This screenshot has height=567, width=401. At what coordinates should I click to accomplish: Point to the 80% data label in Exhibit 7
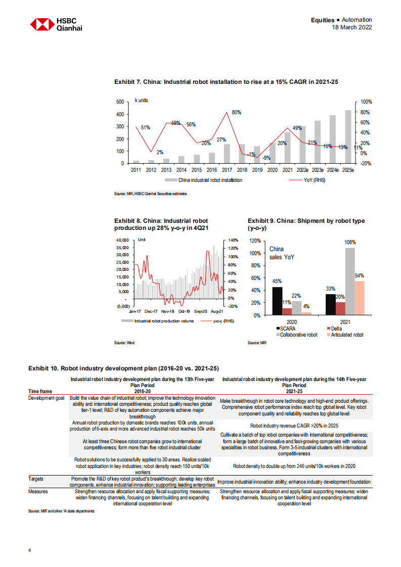(x=237, y=112)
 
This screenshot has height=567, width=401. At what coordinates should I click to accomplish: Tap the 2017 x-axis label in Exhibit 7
(x=227, y=171)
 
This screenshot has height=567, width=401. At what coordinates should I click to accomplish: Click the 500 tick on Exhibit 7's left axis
(x=120, y=102)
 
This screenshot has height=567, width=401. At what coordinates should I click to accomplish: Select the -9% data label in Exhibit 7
(x=266, y=158)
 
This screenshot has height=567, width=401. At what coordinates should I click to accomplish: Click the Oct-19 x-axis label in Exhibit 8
(x=184, y=312)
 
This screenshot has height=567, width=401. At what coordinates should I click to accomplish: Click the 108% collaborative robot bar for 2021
(x=350, y=281)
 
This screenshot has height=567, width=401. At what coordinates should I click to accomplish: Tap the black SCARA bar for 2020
(x=277, y=301)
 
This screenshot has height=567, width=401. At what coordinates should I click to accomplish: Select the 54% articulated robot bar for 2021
(x=359, y=298)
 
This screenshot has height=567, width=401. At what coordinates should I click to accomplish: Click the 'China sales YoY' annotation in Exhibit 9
(x=282, y=253)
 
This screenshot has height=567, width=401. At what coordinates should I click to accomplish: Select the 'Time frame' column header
(x=40, y=391)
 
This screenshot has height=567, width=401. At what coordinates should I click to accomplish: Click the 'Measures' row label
(x=39, y=491)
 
